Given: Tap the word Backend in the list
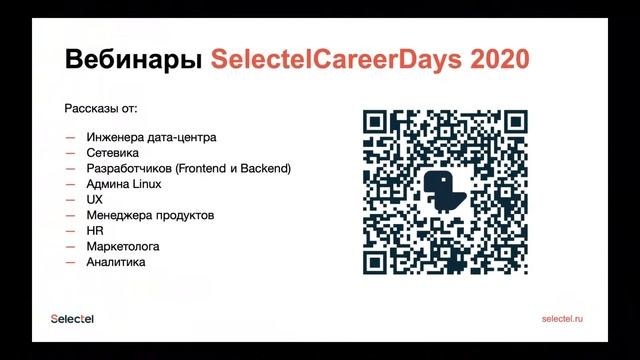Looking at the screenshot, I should point(263,169).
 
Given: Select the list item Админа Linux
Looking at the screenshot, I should point(124,184).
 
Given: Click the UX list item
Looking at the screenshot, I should point(96,200).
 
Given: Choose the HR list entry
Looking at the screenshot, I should point(96,231).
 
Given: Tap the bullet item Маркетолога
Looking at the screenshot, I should point(124,246).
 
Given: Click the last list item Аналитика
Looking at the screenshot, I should point(117,262).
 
